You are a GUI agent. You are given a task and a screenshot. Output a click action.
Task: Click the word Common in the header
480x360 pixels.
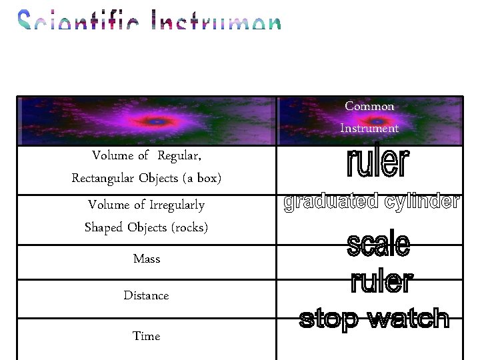pyautogui.click(x=369, y=106)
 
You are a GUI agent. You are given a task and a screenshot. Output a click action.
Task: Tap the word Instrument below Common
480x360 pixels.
pyautogui.click(x=369, y=128)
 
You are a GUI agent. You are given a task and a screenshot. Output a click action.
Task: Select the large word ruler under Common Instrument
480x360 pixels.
pyautogui.click(x=377, y=164)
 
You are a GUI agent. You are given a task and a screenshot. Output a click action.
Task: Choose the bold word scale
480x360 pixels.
pyautogui.click(x=378, y=245)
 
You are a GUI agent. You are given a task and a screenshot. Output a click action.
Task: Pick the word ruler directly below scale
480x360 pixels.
pyautogui.click(x=381, y=282)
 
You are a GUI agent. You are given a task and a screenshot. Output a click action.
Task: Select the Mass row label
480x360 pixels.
pyautogui.click(x=147, y=258)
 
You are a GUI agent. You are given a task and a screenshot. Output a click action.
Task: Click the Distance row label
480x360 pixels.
pyautogui.click(x=146, y=295)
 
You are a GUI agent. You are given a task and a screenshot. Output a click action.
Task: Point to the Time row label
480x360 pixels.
pyautogui.click(x=147, y=336)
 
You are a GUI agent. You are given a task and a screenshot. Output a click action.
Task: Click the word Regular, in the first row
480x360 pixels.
pyautogui.click(x=179, y=156)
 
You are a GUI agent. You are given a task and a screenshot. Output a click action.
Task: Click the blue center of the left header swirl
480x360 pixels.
pyautogui.click(x=155, y=122)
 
